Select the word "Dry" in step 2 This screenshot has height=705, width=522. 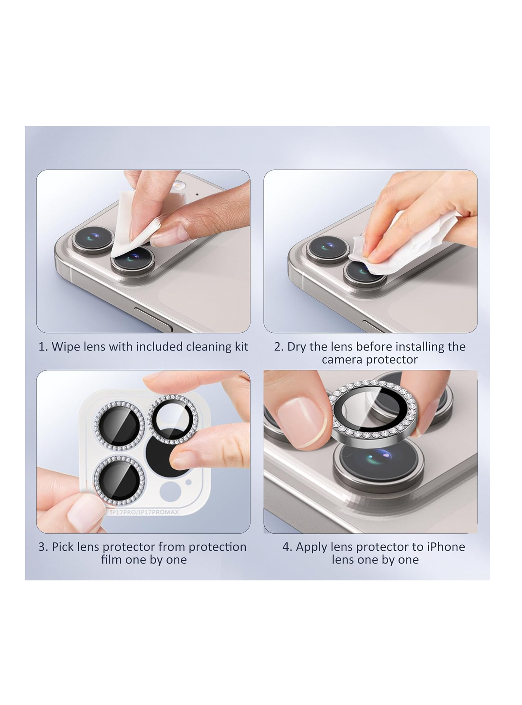point(296,347)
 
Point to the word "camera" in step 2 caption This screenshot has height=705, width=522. point(343,360)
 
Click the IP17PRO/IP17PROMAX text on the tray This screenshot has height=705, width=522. point(144,512)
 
